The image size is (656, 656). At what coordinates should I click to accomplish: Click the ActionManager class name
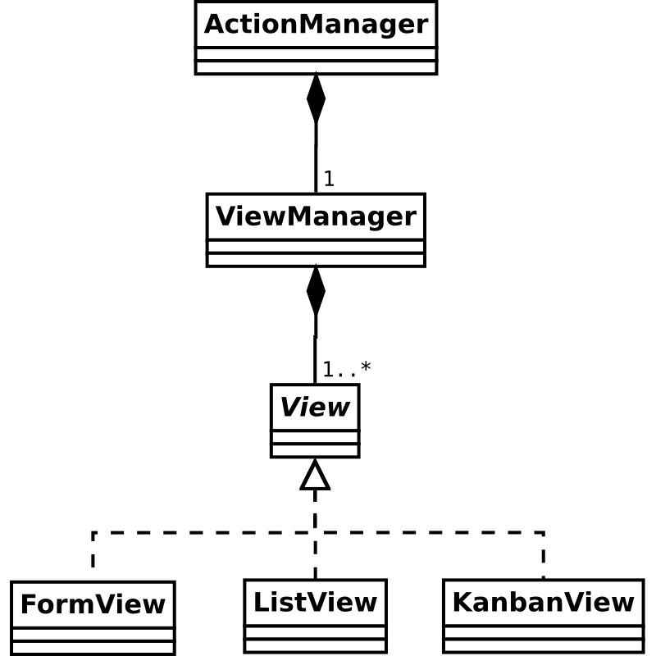(x=316, y=25)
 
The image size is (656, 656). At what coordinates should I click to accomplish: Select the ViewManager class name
(x=316, y=217)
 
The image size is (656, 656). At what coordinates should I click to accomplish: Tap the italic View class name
(x=315, y=407)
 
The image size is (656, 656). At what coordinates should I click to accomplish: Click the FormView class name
(x=93, y=605)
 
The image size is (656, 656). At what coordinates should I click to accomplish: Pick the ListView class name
(x=315, y=603)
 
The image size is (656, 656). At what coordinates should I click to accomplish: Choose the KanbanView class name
(x=543, y=603)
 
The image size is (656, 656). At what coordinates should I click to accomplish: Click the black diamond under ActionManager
(x=316, y=98)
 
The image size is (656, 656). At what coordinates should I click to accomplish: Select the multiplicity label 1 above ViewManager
(x=329, y=179)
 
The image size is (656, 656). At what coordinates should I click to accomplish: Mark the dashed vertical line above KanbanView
(x=543, y=554)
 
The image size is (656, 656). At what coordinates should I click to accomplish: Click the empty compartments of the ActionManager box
(x=316, y=61)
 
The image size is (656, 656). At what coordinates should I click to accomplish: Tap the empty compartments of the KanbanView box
(x=543, y=638)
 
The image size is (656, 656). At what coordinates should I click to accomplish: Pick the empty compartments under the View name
(x=315, y=444)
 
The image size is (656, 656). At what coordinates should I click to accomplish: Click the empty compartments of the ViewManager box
(x=316, y=253)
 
